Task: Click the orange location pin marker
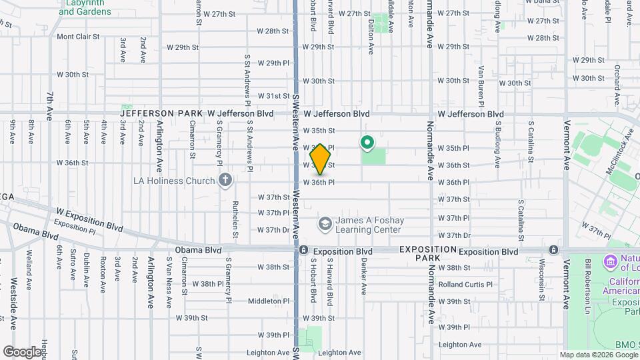pyautogui.click(x=321, y=159)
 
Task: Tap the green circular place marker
pyautogui.click(x=366, y=142)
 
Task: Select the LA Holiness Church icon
pyautogui.click(x=226, y=180)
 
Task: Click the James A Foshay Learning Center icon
pyautogui.click(x=325, y=223)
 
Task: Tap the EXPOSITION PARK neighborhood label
pyautogui.click(x=428, y=253)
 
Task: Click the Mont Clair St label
pyautogui.click(x=77, y=37)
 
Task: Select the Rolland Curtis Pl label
pyautogui.click(x=465, y=284)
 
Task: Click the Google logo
pyautogui.click(x=22, y=351)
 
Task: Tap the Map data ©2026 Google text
pyautogui.click(x=598, y=355)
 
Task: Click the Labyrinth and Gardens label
pyautogui.click(x=85, y=7)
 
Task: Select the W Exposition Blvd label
pyautogui.click(x=89, y=219)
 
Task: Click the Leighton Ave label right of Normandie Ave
pyautogui.click(x=459, y=345)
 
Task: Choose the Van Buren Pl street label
pyautogui.click(x=480, y=85)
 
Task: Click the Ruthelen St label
pyautogui.click(x=236, y=219)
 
